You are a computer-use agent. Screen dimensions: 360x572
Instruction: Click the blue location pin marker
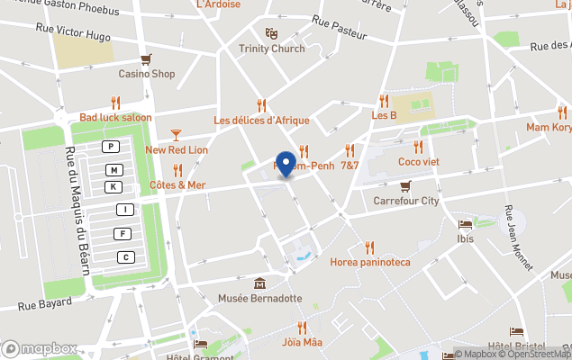point(286,164)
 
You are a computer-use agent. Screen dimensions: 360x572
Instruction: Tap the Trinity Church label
point(272,49)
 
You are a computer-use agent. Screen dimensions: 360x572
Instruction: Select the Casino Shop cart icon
point(146,58)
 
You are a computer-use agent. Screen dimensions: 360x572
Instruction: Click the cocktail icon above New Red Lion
point(176,135)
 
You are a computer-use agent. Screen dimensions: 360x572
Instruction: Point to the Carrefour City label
point(406,201)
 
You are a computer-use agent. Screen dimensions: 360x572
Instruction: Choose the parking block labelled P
point(111,147)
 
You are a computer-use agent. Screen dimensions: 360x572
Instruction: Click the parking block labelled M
point(113,170)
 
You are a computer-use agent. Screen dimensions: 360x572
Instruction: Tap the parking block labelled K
point(113,187)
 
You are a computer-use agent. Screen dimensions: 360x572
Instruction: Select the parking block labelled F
point(122,234)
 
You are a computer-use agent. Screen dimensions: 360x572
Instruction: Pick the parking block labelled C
point(126,257)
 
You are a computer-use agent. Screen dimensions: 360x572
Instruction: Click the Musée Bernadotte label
point(259,297)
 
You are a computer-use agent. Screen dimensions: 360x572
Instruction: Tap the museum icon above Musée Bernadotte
point(259,283)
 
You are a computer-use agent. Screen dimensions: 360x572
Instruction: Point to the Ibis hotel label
point(466,238)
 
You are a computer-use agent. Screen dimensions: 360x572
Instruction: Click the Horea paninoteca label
point(369,262)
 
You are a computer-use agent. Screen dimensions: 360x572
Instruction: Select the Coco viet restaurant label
point(418,162)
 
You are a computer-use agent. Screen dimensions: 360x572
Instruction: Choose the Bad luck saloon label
point(115,118)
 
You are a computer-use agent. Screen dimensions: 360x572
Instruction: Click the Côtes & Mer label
point(177,185)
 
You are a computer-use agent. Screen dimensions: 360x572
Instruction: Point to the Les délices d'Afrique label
point(261,121)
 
